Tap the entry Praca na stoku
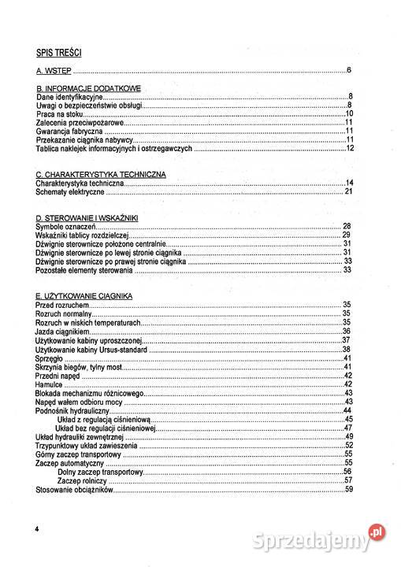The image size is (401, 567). pos(60,113)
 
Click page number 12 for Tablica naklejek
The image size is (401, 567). pos(349,148)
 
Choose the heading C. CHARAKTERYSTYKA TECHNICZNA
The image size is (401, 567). pos(100,174)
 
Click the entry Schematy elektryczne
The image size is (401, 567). pos(71,191)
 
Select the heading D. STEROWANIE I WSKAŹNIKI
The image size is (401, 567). pos(87,217)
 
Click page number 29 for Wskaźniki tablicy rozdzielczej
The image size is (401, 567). pos(346,235)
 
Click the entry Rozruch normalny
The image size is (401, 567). pos(65,313)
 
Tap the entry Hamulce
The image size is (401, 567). pos(50,384)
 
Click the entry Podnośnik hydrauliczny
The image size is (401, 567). pos(72,410)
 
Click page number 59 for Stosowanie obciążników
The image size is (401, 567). pos(348,489)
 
